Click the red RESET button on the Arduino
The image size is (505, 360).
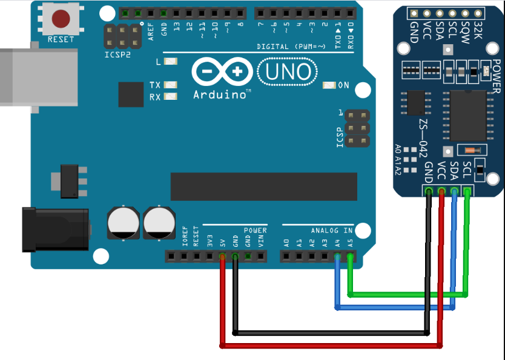pyautogui.click(x=61, y=19)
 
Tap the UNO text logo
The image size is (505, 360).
pyautogui.click(x=288, y=73)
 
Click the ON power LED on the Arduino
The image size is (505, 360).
pyautogui.click(x=329, y=85)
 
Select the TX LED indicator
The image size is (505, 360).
pyautogui.click(x=170, y=85)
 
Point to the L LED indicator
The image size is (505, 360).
pyautogui.click(x=170, y=62)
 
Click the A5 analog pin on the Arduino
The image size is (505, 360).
pyautogui.click(x=350, y=257)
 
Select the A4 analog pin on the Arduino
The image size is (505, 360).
pyautogui.click(x=337, y=257)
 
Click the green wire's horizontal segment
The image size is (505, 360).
pyautogui.click(x=409, y=295)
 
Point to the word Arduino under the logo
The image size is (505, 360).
pyautogui.click(x=222, y=94)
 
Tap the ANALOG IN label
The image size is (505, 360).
pyautogui.click(x=332, y=231)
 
